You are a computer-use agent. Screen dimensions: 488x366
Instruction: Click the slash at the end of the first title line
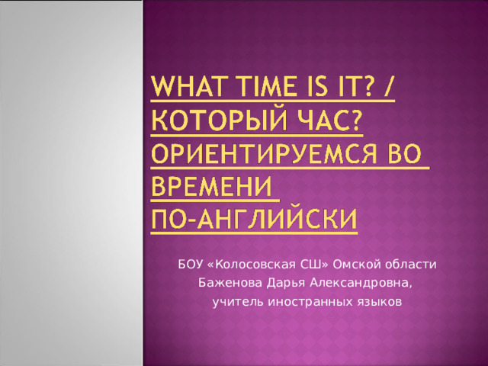388,86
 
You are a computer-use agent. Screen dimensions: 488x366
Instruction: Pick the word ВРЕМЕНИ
212,187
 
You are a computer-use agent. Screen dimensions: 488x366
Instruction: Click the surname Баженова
230,283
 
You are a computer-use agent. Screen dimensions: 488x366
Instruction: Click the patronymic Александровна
361,284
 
